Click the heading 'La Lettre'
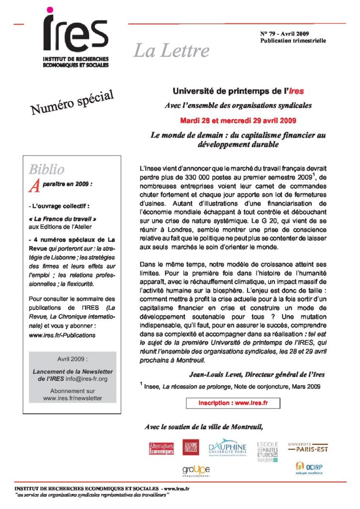point(171,51)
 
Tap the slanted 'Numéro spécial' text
point(73,100)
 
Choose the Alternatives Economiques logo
point(162,448)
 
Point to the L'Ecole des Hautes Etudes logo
point(268,451)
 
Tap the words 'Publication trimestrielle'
point(293,40)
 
